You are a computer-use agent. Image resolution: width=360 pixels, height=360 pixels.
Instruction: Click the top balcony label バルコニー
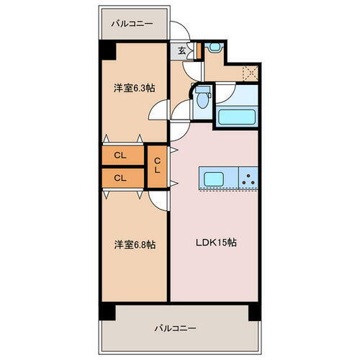coord(132,24)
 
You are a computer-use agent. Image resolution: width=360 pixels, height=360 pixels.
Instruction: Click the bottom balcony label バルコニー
coord(176,328)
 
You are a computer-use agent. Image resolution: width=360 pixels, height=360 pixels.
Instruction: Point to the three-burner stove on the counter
coord(248,179)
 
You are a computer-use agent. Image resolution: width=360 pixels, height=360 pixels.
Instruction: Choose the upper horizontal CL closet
coord(121,156)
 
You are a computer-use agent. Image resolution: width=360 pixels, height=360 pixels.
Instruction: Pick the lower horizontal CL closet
coord(121,177)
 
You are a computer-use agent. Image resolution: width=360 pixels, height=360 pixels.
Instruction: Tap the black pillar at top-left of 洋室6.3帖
coord(107,50)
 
